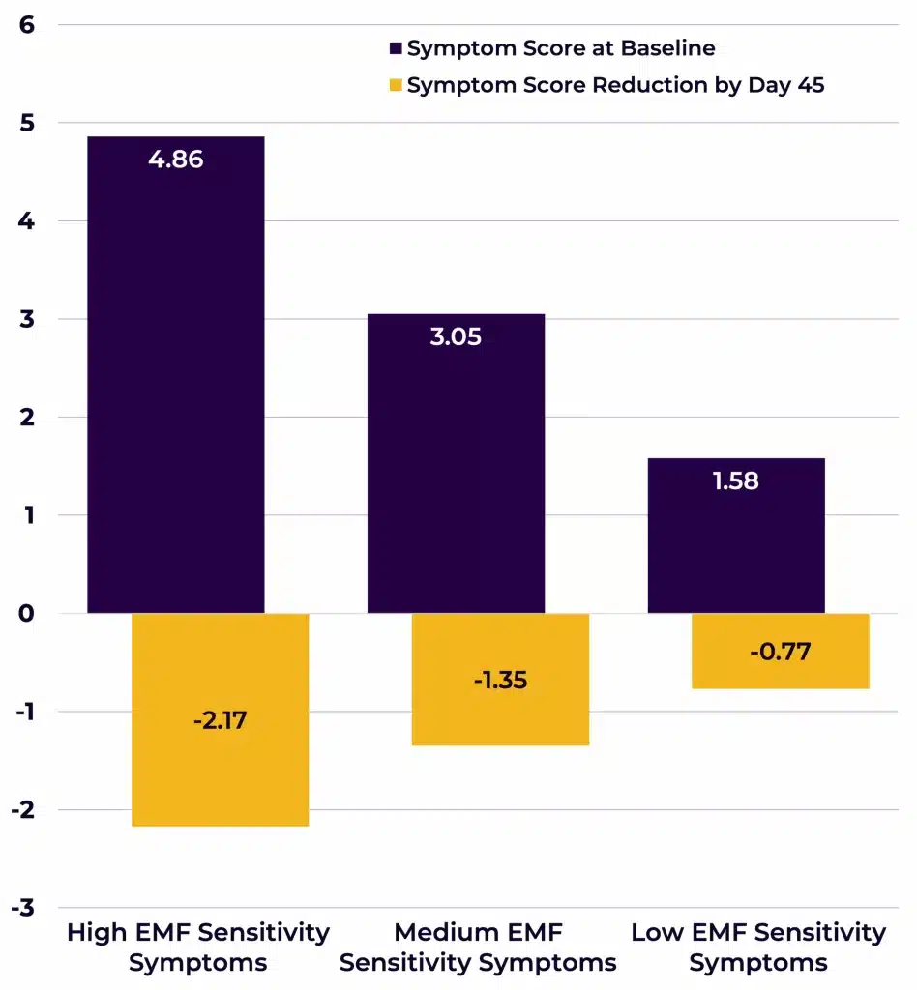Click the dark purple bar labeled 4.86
click(175, 387)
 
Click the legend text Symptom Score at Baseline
click(561, 48)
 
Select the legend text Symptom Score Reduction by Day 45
click(615, 85)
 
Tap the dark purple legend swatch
click(396, 48)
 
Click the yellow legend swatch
click(396, 85)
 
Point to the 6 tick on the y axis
click(26, 25)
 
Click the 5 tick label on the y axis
click(26, 123)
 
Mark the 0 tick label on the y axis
click(26, 613)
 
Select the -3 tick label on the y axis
click(21, 907)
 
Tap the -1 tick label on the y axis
click(21, 712)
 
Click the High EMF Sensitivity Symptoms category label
click(197, 947)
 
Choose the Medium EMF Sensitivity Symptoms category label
click(478, 947)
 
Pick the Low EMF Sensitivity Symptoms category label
click(758, 947)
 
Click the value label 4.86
click(175, 160)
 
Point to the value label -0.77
click(780, 652)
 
